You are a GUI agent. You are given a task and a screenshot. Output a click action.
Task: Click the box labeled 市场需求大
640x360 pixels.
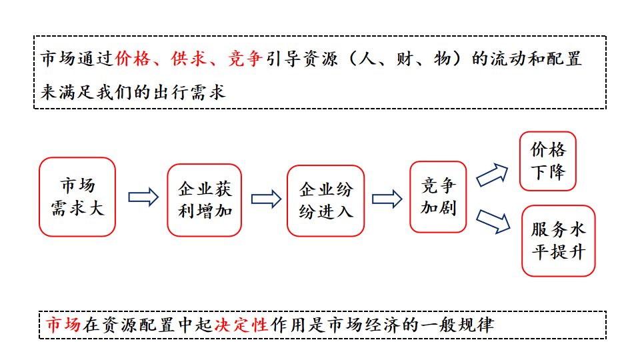click(77, 197)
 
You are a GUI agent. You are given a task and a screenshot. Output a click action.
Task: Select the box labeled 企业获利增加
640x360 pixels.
click(204, 199)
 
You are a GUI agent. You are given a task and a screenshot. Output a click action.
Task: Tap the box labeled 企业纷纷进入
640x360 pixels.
click(326, 200)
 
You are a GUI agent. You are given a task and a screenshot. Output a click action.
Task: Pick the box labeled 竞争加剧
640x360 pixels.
click(438, 197)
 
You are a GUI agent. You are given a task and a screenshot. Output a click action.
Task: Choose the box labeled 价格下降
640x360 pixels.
click(548, 161)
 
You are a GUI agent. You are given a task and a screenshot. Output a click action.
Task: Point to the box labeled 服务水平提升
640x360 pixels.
click(558, 241)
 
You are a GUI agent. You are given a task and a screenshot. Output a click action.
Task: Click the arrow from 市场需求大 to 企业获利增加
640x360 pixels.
click(143, 197)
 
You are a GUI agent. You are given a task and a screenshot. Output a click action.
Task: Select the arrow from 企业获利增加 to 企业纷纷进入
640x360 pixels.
click(266, 199)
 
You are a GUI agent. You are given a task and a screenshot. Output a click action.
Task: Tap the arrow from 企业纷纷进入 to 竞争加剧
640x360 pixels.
click(387, 199)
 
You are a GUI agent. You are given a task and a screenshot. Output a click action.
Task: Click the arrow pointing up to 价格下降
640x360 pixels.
click(492, 175)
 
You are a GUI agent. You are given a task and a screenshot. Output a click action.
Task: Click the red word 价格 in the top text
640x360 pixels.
click(131, 59)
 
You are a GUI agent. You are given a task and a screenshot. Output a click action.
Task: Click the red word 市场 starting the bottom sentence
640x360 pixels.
click(63, 325)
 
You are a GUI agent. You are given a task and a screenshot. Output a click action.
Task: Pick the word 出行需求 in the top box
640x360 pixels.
click(189, 91)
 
